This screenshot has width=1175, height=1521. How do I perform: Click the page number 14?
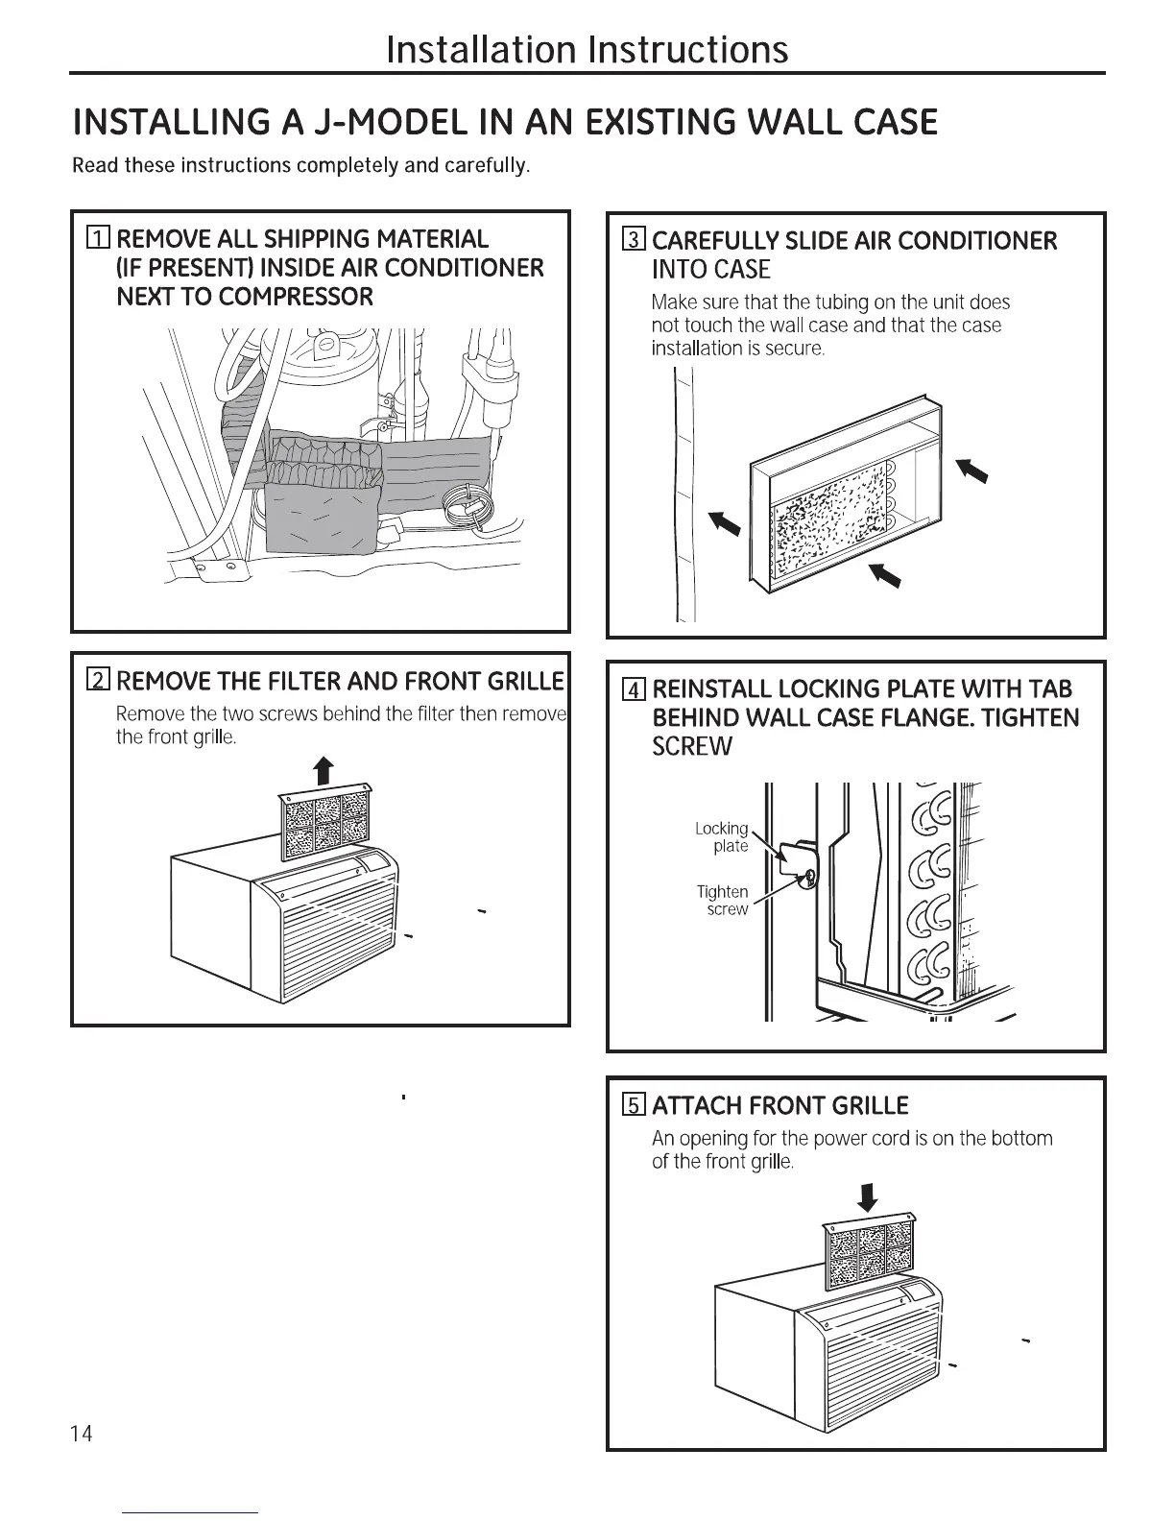[83, 1435]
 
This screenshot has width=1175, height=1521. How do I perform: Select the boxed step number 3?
[633, 240]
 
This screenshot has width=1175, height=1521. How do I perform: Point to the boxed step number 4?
[633, 689]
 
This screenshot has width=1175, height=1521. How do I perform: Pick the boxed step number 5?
[633, 1105]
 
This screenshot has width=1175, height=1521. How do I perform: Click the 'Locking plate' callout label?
[722, 836]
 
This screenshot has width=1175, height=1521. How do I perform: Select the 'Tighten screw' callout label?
[723, 900]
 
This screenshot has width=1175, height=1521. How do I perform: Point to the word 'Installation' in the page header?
[482, 49]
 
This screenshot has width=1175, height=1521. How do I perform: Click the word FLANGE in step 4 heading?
[961, 718]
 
